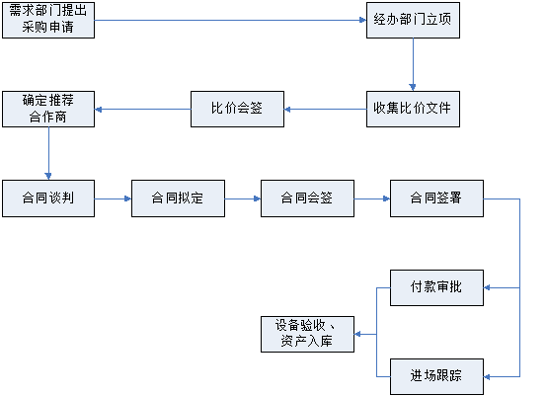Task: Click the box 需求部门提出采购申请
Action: tap(48, 20)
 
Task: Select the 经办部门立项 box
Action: tap(413, 20)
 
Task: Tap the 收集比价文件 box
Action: tap(413, 110)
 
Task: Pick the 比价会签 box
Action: tap(237, 110)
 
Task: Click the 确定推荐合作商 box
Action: tap(48, 110)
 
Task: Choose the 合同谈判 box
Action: tap(48, 198)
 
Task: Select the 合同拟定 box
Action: tap(178, 198)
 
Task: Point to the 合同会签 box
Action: tap(307, 198)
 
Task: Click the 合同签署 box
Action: tap(436, 198)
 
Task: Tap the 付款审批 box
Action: tap(436, 287)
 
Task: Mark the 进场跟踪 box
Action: tap(436, 377)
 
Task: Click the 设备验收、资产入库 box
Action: tap(307, 334)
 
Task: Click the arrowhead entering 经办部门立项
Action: tap(362, 20)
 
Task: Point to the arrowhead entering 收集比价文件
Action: tap(413, 88)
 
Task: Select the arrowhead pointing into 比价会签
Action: tap(287, 110)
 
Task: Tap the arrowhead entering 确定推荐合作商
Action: tap(99, 110)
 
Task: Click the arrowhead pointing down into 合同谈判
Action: tap(48, 176)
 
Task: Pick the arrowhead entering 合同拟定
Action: tap(127, 198)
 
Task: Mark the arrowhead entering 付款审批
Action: tap(488, 287)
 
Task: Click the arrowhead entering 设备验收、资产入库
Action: tap(358, 334)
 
